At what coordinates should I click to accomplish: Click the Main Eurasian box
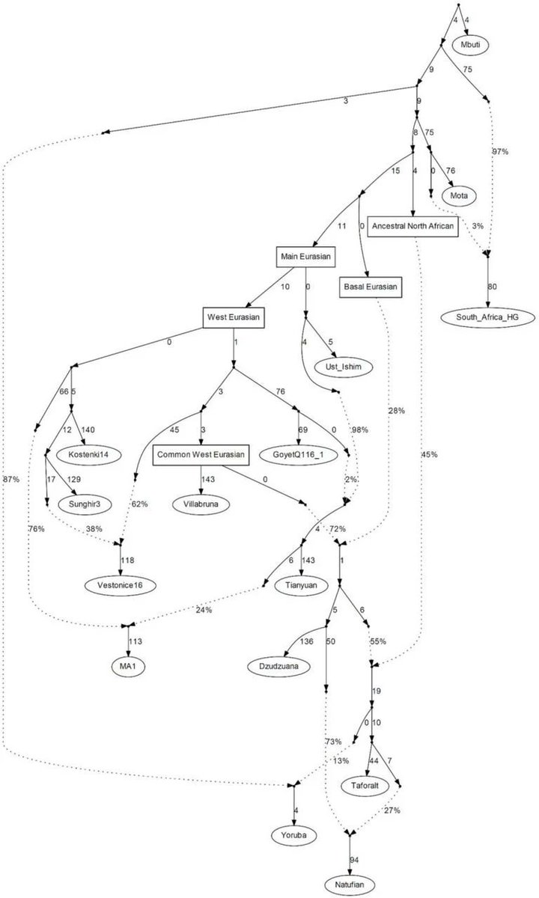point(306,257)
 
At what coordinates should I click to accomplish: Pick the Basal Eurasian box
point(372,287)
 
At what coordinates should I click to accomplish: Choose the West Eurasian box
point(234,317)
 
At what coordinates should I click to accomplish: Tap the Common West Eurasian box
point(201,454)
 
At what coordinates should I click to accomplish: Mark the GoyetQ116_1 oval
point(296,454)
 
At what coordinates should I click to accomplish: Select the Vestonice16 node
point(122,584)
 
